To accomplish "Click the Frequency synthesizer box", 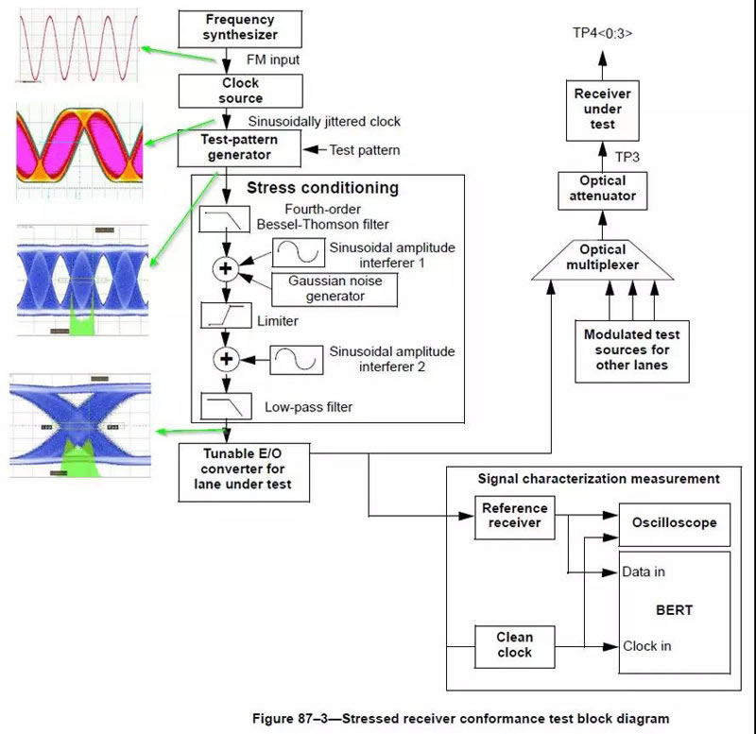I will click(240, 28).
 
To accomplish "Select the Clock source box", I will click(241, 90).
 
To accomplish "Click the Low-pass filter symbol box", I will click(225, 406).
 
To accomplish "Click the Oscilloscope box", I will click(675, 522).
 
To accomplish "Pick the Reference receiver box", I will click(514, 516).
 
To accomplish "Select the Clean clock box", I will click(514, 644).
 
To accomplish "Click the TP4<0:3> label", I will click(602, 32).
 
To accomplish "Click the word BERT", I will click(673, 610).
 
